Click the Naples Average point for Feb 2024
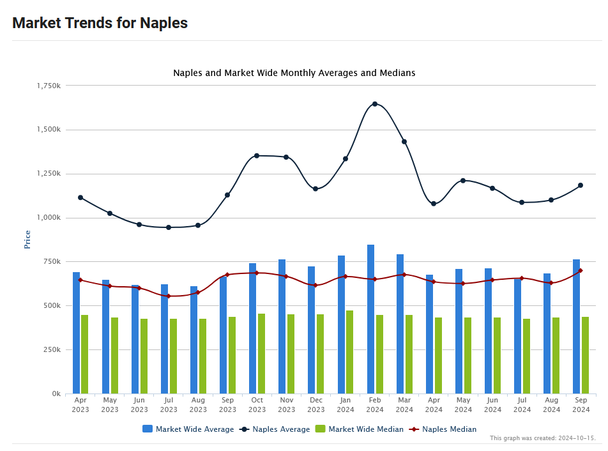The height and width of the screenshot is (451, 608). click(x=375, y=103)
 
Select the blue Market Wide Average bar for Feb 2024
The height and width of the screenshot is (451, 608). click(x=370, y=319)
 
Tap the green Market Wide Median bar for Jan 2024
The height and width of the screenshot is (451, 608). click(x=349, y=352)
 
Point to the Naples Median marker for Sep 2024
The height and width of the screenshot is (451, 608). click(x=581, y=271)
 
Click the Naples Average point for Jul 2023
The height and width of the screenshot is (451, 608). click(x=169, y=227)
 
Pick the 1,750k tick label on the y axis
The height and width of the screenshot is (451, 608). click(x=49, y=86)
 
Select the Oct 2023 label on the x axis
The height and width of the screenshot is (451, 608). click(x=257, y=405)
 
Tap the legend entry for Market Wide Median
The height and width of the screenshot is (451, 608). click(x=365, y=429)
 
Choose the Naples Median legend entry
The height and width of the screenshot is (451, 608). click(x=449, y=429)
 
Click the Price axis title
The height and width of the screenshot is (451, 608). click(x=27, y=240)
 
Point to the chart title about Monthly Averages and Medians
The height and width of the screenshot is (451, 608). click(x=294, y=73)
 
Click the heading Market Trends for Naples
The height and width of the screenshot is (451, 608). click(x=100, y=23)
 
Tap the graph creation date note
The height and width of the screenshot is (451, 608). click(x=542, y=438)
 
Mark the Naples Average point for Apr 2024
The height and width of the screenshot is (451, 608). click(x=434, y=204)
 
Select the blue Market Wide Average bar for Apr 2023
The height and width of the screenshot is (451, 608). click(x=76, y=333)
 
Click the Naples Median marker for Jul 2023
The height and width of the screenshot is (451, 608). click(x=169, y=296)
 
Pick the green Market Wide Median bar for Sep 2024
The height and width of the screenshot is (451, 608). click(x=585, y=355)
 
